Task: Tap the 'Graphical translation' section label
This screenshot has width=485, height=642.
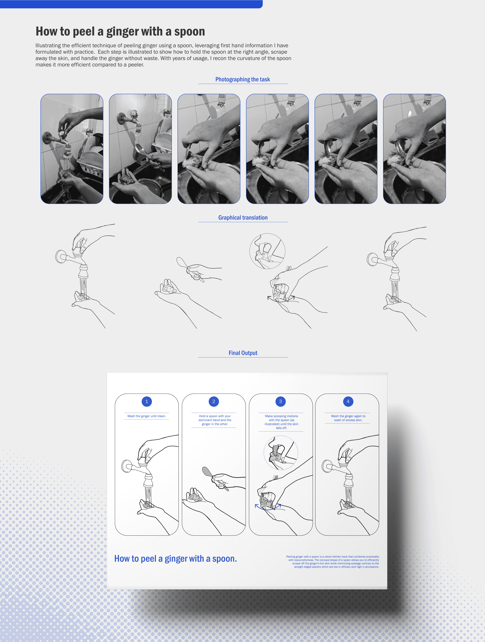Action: (x=243, y=218)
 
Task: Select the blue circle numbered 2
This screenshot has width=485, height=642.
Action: (x=214, y=401)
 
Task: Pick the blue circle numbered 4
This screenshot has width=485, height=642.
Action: (x=348, y=401)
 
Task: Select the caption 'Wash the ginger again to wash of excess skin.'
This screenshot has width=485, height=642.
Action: (x=348, y=418)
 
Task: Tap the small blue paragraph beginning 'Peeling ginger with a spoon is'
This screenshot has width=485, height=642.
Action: (x=333, y=562)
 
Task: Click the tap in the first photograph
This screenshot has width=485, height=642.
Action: (x=59, y=139)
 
